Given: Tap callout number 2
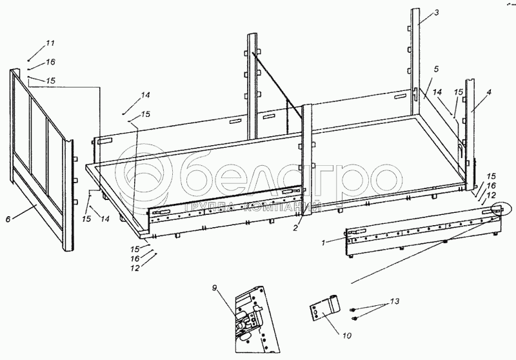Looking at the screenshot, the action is [x=295, y=228].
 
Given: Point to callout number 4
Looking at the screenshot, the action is [x=489, y=93].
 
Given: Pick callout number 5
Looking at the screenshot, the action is [x=436, y=68].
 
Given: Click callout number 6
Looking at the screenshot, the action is [x=8, y=219].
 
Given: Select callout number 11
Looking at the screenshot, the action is [x=50, y=43].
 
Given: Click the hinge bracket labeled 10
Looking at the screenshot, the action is [x=324, y=306].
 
